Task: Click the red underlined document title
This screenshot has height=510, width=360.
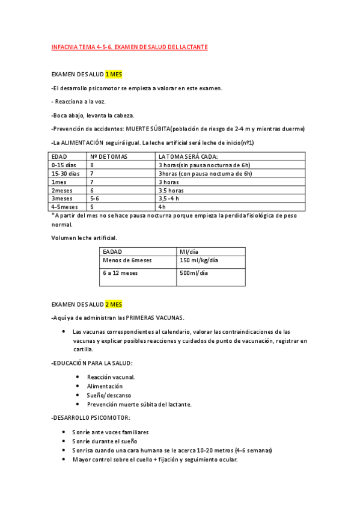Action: tap(129, 46)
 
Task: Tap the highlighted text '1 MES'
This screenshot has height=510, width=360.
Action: tap(114, 75)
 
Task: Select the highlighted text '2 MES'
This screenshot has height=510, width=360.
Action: tap(114, 304)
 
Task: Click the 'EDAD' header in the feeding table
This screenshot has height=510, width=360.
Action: tap(59, 156)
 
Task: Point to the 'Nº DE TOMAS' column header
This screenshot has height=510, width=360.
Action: tap(109, 156)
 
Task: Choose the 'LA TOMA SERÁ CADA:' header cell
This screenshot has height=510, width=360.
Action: tap(188, 156)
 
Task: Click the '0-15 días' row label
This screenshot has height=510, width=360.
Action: tap(64, 165)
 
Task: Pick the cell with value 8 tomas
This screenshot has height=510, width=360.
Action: tap(93, 165)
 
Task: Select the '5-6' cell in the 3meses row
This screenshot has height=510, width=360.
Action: tap(94, 198)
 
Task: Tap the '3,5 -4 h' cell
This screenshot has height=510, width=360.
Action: tap(172, 198)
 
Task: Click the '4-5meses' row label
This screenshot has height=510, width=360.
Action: tap(65, 207)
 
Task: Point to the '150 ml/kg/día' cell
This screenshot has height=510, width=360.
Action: tap(199, 260)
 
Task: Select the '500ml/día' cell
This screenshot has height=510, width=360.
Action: tap(194, 273)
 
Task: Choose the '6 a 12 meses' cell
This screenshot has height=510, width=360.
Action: tap(120, 273)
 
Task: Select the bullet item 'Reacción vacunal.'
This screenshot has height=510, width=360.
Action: tap(111, 377)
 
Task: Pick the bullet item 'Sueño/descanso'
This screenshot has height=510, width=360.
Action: tap(109, 395)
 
